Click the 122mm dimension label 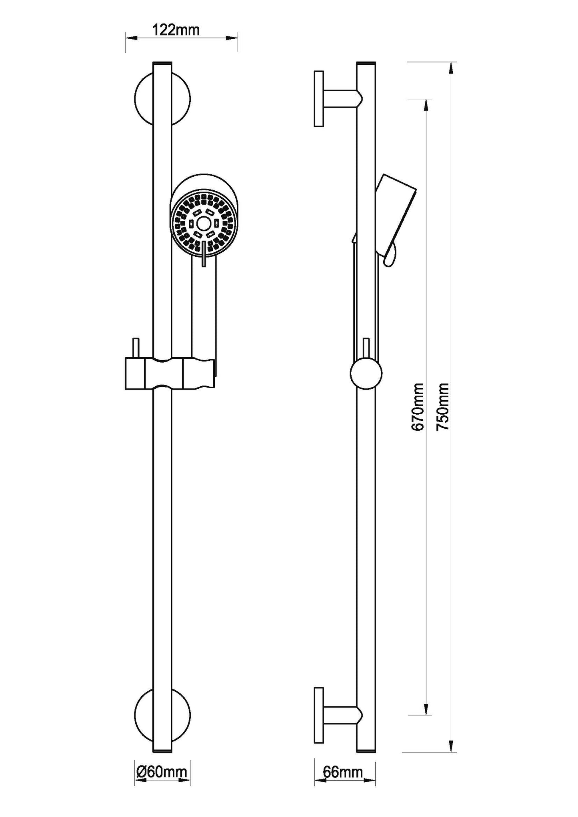176,30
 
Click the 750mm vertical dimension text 443,407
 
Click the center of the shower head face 204,223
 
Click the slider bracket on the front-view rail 170,374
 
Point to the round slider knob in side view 366,374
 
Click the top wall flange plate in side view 319,99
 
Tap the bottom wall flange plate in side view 319,716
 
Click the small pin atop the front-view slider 136,348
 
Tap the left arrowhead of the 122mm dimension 131,38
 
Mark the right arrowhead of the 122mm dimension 233,38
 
